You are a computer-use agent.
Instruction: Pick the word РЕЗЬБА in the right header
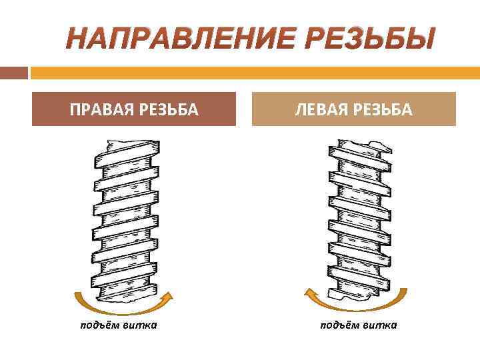pyautogui.click(x=381, y=109)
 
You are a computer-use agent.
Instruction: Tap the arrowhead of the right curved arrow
pyautogui.click(x=309, y=291)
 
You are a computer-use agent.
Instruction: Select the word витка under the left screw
pyautogui.click(x=140, y=325)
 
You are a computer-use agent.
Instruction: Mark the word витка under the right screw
pyautogui.click(x=379, y=325)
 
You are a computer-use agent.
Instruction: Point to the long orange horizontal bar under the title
pyautogui.click(x=254, y=72)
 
